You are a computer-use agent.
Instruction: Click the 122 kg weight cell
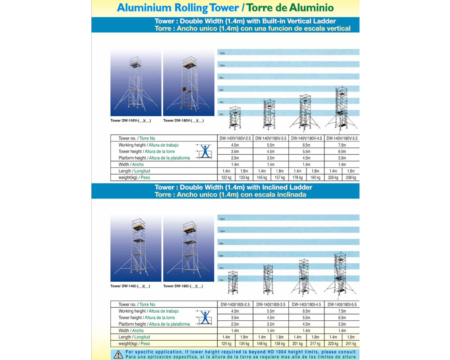226,178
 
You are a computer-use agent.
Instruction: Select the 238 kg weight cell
351,178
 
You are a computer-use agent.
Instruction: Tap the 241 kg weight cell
351,344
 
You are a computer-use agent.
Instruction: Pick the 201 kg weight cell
297,344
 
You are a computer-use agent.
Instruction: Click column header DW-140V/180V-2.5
235,139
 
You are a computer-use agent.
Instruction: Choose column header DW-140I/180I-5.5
342,305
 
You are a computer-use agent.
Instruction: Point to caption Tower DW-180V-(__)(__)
183,121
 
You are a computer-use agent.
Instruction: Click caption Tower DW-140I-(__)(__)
130,286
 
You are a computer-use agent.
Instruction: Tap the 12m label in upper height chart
222,53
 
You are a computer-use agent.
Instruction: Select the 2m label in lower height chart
221,280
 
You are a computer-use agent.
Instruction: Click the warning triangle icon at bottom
118,355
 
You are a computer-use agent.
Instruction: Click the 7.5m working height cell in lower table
342,311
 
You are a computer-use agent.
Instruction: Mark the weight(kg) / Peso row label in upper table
134,178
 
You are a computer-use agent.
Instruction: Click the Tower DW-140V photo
135,83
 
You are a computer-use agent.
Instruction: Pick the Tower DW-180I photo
188,249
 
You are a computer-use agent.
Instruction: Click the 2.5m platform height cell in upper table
235,158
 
